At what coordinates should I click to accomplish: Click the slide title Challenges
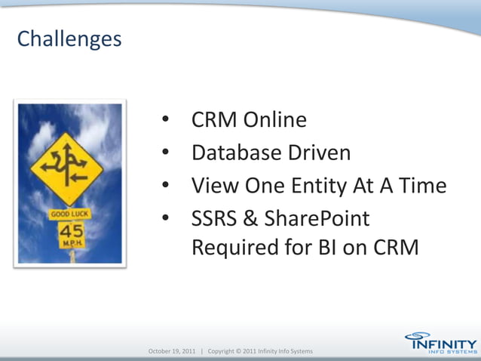(69, 39)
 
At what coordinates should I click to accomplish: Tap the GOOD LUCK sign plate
(69, 214)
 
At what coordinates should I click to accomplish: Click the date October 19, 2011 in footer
(172, 351)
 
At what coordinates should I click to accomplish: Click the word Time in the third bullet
(421, 186)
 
